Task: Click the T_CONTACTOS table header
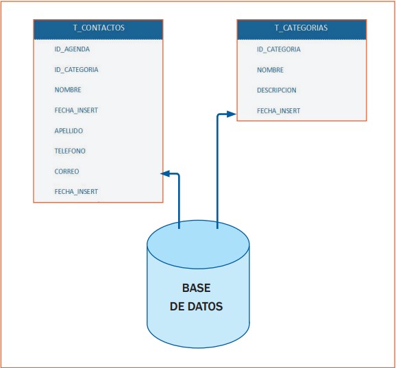(x=98, y=29)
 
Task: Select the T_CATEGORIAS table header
(x=301, y=29)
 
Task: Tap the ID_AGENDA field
(x=72, y=49)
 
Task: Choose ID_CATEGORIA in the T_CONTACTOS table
(x=76, y=69)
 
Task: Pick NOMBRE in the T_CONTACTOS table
(x=68, y=90)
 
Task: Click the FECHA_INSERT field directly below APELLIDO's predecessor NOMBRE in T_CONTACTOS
(x=76, y=110)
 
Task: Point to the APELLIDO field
(x=69, y=130)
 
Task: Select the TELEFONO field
(x=70, y=151)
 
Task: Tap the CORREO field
(x=66, y=171)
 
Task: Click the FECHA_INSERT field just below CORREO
(x=76, y=192)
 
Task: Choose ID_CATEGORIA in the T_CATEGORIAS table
(x=279, y=49)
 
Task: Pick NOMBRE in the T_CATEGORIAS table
(x=270, y=70)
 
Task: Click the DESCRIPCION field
(x=277, y=90)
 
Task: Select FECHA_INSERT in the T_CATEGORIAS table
(x=278, y=110)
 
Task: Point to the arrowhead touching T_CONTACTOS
(x=165, y=174)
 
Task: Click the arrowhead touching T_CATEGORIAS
(x=232, y=114)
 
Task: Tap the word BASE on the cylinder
(x=196, y=288)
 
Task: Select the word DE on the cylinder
(x=177, y=307)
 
